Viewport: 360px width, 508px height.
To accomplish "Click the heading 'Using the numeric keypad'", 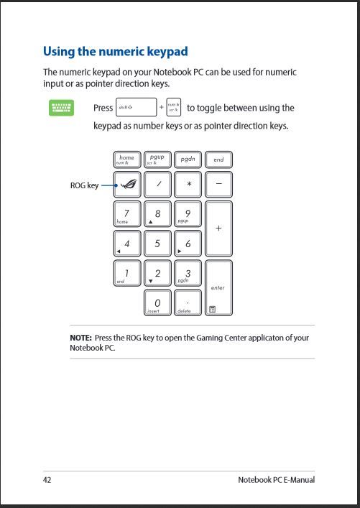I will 116,51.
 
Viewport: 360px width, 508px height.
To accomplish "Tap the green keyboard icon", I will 61,108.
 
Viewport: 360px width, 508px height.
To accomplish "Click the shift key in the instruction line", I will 136,108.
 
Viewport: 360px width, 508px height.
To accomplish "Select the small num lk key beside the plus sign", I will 173,108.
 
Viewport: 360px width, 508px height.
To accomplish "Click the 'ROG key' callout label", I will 83,185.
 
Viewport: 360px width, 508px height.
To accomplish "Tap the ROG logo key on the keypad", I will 126,185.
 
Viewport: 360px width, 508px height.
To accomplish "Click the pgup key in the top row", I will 157,160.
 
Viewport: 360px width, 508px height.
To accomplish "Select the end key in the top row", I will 218,160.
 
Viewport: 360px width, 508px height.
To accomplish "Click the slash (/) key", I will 157,185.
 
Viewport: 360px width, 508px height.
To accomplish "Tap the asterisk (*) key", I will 188,185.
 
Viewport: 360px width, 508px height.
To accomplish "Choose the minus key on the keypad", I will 218,185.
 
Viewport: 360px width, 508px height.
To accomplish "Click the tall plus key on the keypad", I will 218,228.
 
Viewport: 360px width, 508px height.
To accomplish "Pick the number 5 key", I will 157,244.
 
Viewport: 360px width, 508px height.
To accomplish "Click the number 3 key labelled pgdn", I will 188,274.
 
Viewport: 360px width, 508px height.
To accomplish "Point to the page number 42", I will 47,479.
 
